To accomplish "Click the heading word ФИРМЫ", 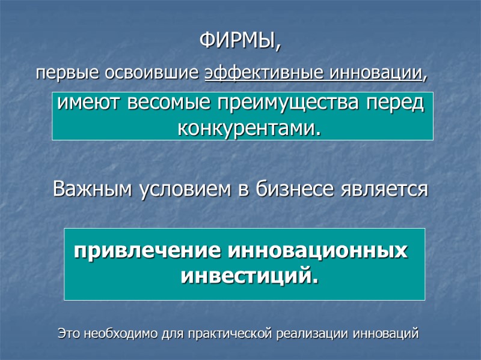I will click(239, 43).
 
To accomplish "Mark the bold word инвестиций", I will click(249, 276).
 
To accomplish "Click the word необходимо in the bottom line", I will click(122, 332).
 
